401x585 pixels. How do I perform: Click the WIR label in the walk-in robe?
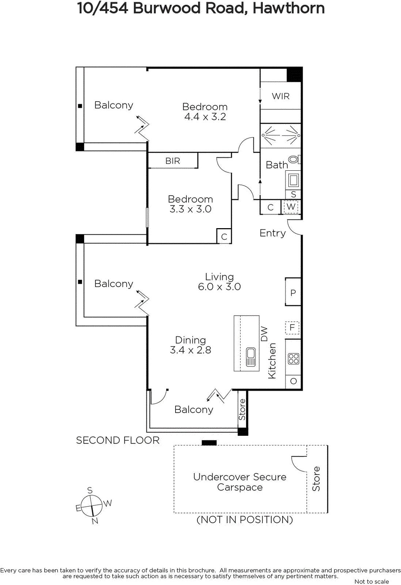tap(281, 96)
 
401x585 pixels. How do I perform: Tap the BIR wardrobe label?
tap(173, 161)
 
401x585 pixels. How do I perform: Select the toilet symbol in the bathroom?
tap(295, 159)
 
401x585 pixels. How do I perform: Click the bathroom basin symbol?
tap(293, 180)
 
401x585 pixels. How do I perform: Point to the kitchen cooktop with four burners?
tap(293, 359)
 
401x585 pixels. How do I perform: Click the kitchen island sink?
tap(251, 357)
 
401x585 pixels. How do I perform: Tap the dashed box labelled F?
tap(292, 328)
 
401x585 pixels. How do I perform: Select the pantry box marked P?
tap(293, 292)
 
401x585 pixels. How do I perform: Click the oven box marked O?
tap(293, 381)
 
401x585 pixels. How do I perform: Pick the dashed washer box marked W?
tap(291, 207)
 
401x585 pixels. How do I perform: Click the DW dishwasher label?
tap(264, 334)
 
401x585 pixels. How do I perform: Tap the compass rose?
tap(91, 506)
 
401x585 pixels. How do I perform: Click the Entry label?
tap(273, 233)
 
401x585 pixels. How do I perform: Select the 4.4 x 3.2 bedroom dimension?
tap(205, 117)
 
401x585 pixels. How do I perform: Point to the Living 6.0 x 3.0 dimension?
tap(219, 287)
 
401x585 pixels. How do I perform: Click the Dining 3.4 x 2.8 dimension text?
tap(190, 350)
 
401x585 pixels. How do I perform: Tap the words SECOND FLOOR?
tap(118, 440)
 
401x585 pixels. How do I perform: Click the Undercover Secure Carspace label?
tap(240, 482)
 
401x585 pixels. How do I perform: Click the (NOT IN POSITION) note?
tap(245, 520)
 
